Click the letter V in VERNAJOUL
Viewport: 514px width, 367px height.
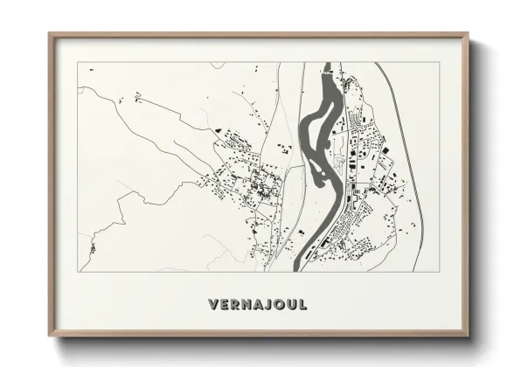tap(213, 305)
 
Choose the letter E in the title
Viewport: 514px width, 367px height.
tap(225, 305)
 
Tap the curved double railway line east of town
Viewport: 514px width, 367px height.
tap(414, 157)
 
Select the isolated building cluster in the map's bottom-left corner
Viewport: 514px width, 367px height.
tap(91, 249)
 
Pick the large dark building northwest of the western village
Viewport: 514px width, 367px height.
tap(218, 131)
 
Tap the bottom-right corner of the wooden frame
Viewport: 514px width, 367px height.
tap(468, 336)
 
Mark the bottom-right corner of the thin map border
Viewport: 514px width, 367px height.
tap(439, 272)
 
